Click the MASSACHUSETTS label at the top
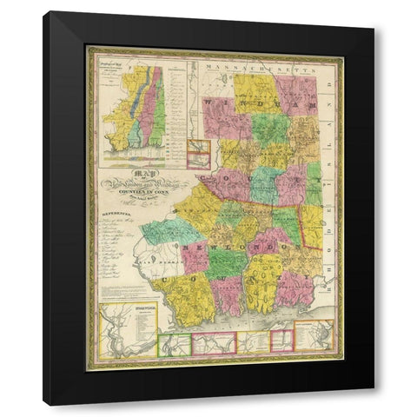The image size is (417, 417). pyautogui.click(x=252, y=66)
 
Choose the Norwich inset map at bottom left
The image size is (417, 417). pyautogui.click(x=128, y=329)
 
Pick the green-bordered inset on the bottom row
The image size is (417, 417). pyautogui.click(x=174, y=344)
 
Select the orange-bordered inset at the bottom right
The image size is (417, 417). pyautogui.click(x=314, y=335)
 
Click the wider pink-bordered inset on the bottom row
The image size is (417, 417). pyautogui.click(x=214, y=344)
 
